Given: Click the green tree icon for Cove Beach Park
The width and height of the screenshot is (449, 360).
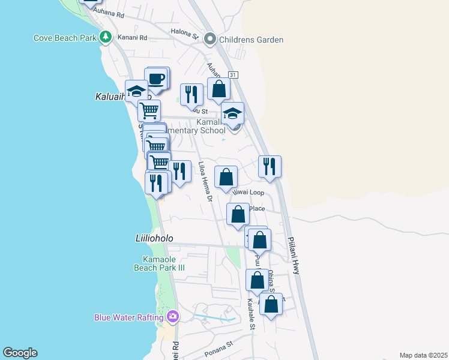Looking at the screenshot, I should pyautogui.click(x=106, y=37).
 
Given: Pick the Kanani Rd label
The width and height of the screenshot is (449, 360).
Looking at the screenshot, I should pyautogui.click(x=135, y=37).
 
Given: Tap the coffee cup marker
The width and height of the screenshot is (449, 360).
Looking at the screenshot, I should pyautogui.click(x=157, y=79).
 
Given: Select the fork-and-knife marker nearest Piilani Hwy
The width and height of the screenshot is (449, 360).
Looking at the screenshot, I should pyautogui.click(x=270, y=166).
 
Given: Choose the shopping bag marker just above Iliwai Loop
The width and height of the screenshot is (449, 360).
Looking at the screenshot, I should pyautogui.click(x=226, y=177).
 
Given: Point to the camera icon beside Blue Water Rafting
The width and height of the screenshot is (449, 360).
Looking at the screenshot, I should pyautogui.click(x=173, y=316).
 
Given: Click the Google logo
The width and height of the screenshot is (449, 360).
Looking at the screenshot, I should pyautogui.click(x=20, y=353).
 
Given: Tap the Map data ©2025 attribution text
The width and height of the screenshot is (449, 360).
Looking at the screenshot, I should pyautogui.click(x=423, y=355).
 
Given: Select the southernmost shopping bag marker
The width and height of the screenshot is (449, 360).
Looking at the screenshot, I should pyautogui.click(x=271, y=304).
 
